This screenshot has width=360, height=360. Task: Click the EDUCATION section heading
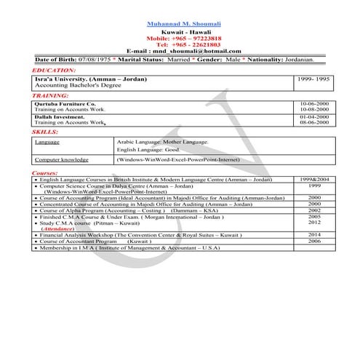coord(55,69)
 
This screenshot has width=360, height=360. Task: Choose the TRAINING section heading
coord(51,96)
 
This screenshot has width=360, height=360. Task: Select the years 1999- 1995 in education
coord(313,76)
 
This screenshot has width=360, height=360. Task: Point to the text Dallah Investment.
coord(63,116)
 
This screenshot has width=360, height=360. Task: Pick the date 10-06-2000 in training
coord(313,104)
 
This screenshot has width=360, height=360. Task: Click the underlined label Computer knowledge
coord(62,159)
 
